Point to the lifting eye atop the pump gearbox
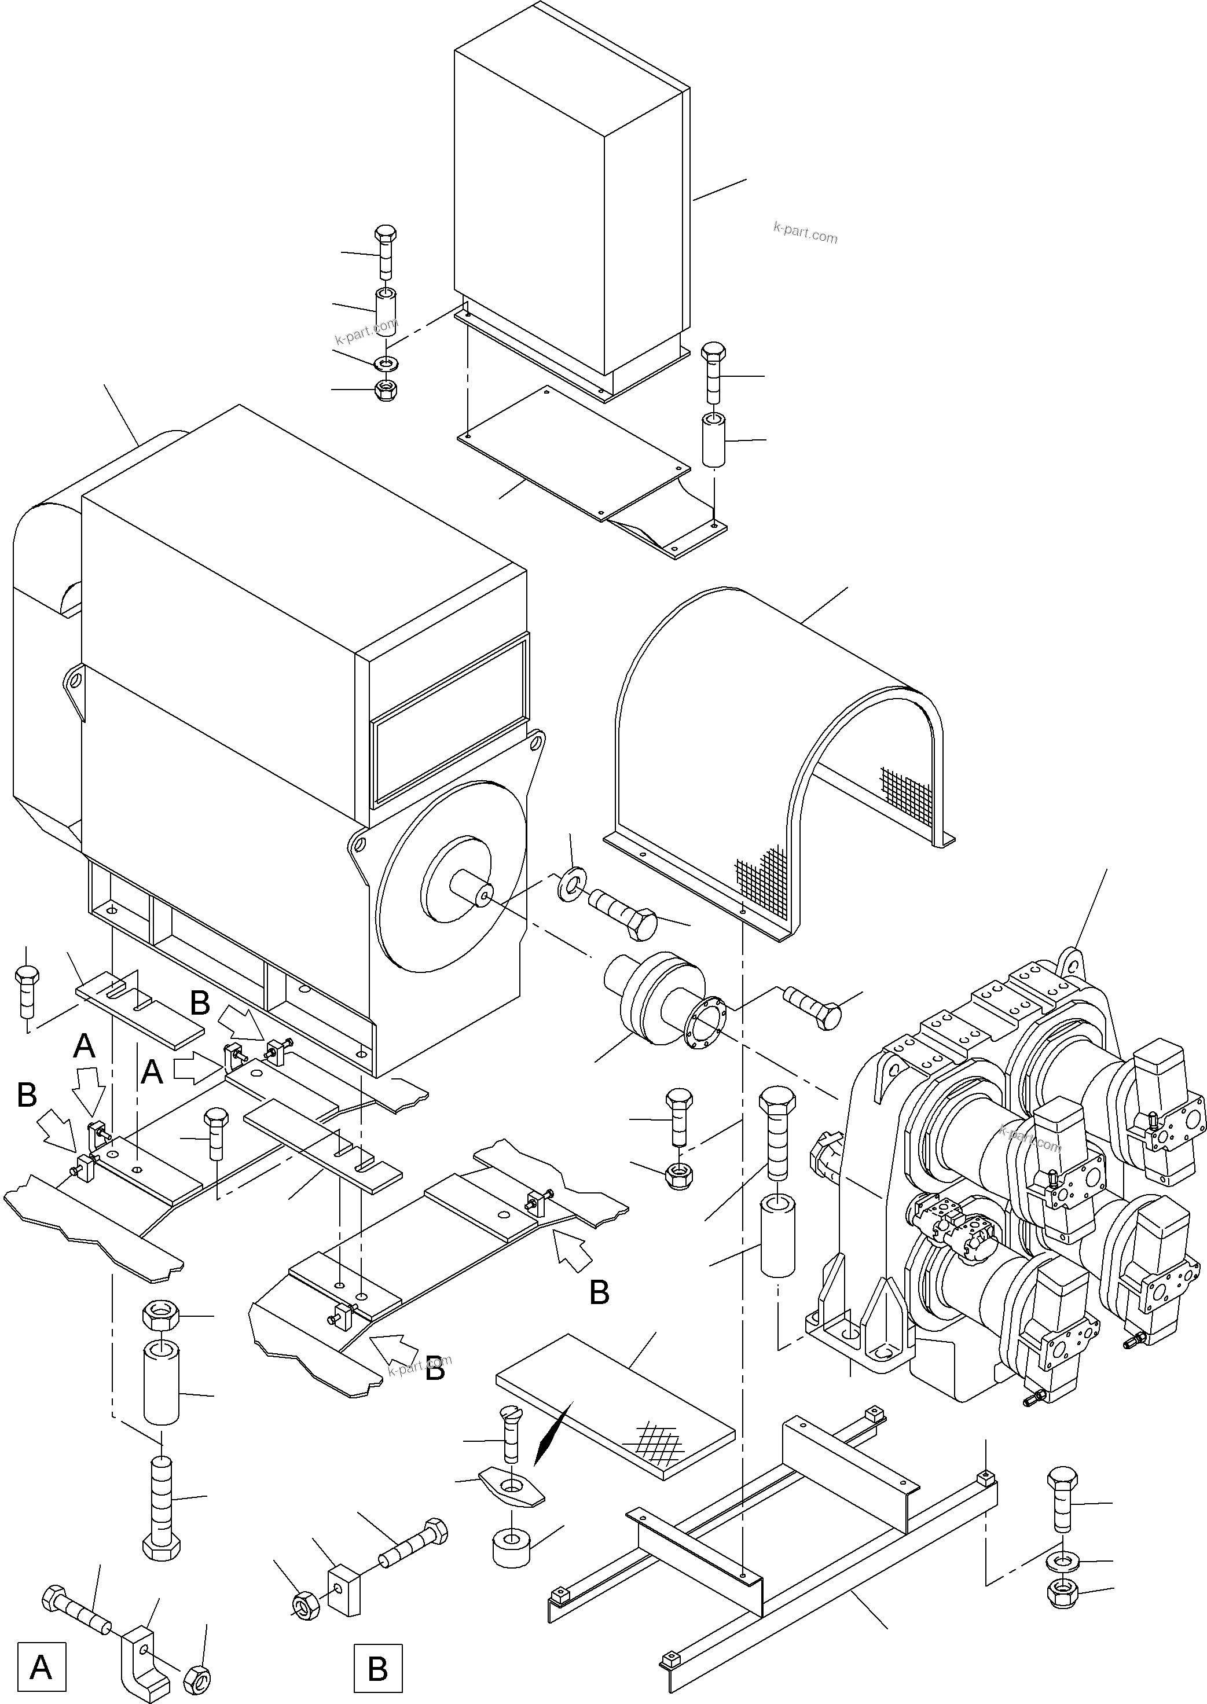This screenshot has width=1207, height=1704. click(1071, 963)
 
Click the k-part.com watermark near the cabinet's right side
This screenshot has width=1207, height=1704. click(806, 233)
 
